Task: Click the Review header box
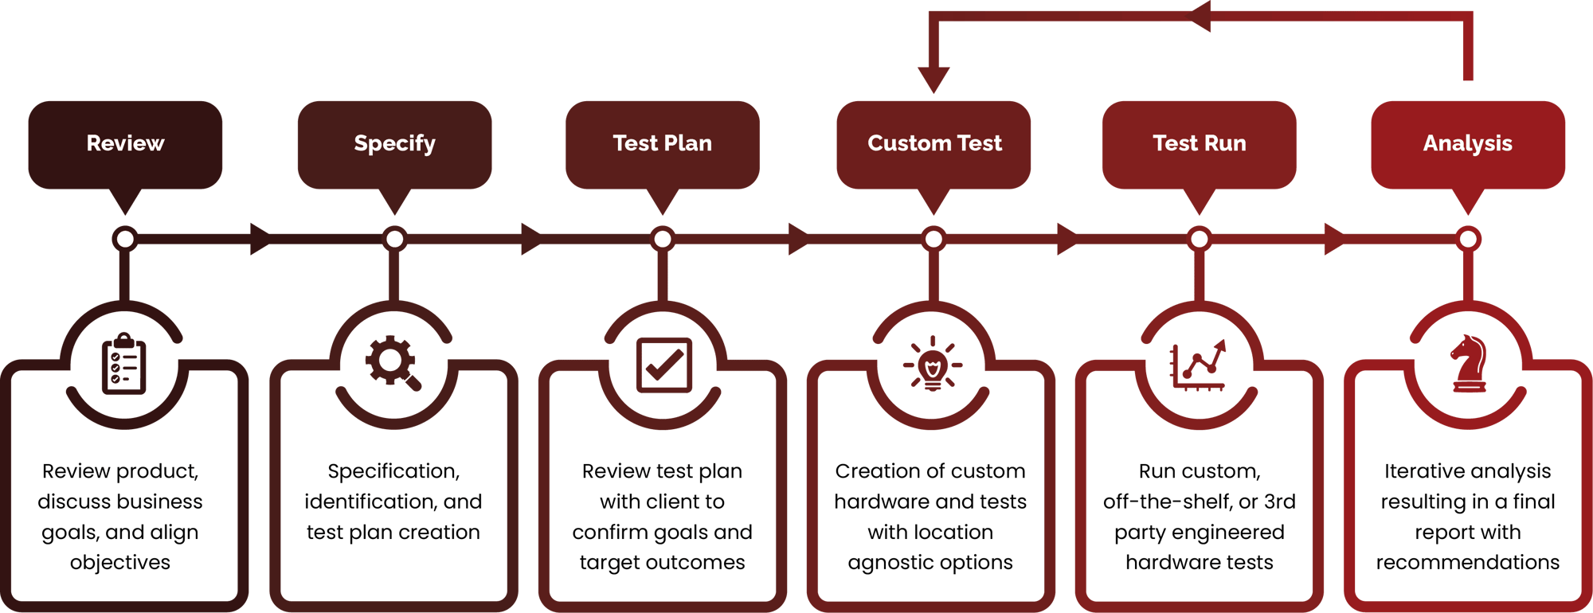tap(125, 144)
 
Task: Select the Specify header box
tap(394, 144)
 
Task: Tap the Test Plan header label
tap(662, 143)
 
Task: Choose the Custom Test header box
tap(933, 144)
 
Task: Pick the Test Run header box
tap(1199, 144)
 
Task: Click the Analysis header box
tap(1467, 144)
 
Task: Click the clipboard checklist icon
tap(124, 365)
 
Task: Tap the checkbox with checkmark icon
tap(663, 365)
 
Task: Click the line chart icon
tap(1198, 365)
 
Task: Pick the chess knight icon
tap(1468, 365)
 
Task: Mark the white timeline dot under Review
tap(125, 239)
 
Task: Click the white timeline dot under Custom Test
tap(933, 239)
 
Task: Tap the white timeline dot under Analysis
tap(1468, 239)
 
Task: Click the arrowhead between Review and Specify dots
tap(260, 239)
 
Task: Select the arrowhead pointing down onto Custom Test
tap(933, 80)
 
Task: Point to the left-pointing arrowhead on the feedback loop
tap(1200, 17)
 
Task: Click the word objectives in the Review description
tap(120, 563)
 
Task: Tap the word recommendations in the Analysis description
tap(1468, 563)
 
